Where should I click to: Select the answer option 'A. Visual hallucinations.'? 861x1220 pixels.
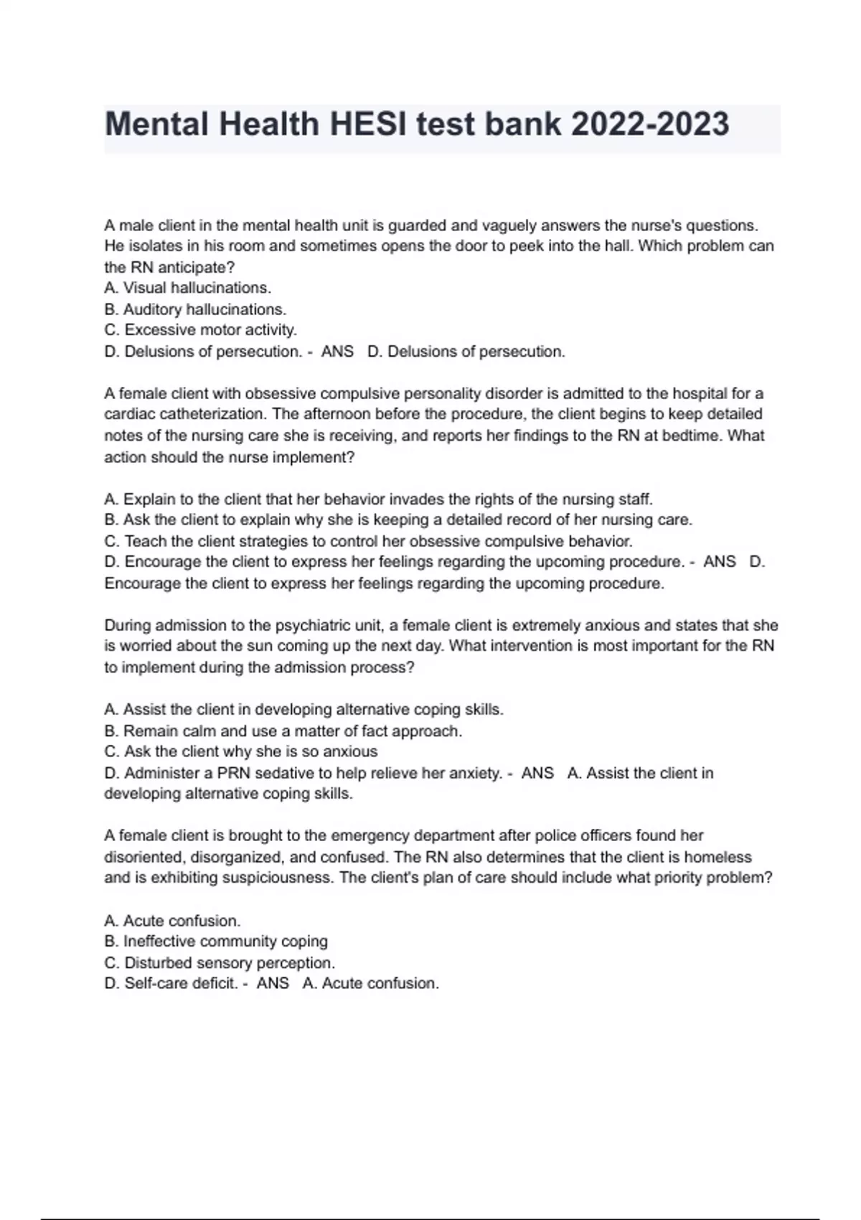click(x=187, y=288)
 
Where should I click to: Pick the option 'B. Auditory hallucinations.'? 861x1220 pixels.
click(x=195, y=309)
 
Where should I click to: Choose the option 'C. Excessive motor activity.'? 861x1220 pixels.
click(x=200, y=330)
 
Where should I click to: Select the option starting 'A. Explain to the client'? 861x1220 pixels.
click(x=378, y=499)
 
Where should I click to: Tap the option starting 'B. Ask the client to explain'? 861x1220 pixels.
click(x=398, y=520)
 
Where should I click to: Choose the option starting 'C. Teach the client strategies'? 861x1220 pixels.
click(x=368, y=541)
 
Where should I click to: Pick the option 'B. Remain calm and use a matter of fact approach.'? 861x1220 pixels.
click(x=283, y=731)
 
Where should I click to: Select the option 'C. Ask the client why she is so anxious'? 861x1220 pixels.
click(x=240, y=752)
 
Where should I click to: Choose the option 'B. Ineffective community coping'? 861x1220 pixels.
click(x=215, y=941)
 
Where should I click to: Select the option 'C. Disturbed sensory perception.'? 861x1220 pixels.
click(x=220, y=962)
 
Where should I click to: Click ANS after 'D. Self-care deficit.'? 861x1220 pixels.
click(x=273, y=983)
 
